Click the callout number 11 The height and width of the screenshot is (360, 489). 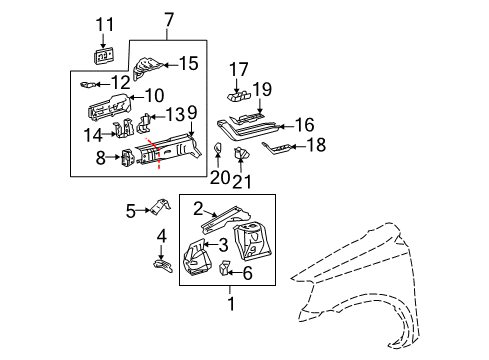[x=105, y=25]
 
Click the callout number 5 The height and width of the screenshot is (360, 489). [x=131, y=210]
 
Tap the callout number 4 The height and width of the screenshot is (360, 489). [x=162, y=236]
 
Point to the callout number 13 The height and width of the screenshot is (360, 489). [x=174, y=115]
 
